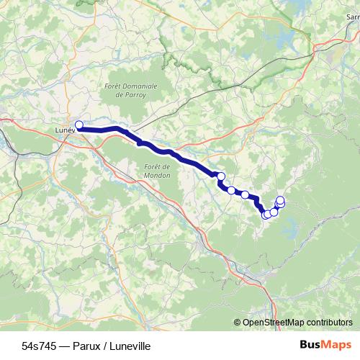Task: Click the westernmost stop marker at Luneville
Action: pos(79,125)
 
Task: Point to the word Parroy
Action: pos(135,94)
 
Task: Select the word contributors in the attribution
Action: pos(328,323)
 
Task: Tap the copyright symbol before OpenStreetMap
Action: pos(238,323)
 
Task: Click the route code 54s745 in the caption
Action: pos(38,346)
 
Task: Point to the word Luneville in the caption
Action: pos(129,346)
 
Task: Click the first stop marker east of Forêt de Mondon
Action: pos(221,176)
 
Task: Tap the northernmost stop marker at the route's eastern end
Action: pos(280,199)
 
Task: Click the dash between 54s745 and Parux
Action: pos(63,346)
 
